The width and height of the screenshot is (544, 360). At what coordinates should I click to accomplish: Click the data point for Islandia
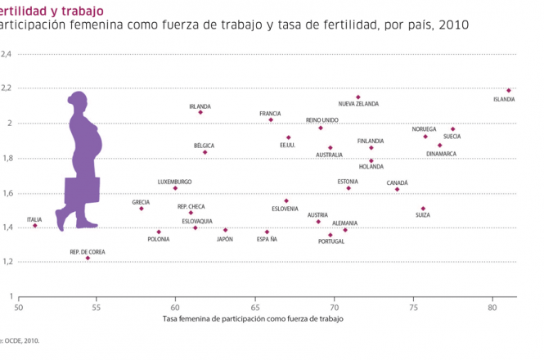pos(508,90)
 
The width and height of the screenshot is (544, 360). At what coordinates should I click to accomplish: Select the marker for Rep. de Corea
pos(88,258)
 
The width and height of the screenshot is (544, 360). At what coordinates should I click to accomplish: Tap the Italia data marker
pos(35,225)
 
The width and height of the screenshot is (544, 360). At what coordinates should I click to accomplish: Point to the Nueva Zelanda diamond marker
pos(357,97)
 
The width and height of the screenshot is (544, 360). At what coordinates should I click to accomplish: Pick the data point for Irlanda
pos(200,112)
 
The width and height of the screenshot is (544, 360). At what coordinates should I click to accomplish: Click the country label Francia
pos(270,114)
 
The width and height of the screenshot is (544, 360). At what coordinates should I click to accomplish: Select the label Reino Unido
pos(320,119)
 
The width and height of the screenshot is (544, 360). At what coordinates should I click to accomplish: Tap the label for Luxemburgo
pos(175,182)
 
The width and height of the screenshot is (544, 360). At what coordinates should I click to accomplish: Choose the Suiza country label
pos(422,215)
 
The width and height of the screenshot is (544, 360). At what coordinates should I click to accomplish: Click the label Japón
pos(225,239)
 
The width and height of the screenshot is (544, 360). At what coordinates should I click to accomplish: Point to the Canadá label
pos(397,182)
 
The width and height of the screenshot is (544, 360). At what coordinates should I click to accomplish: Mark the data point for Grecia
pos(142,209)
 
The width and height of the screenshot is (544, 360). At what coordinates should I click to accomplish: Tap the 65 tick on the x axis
pos(255,308)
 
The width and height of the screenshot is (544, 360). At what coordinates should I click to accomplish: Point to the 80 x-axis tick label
pos(492,308)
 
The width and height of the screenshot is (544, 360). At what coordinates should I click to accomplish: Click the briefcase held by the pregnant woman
pos(82,190)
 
